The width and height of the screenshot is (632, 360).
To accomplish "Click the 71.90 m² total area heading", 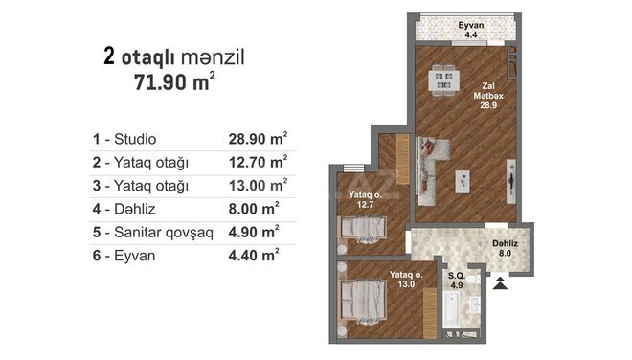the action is (174, 81).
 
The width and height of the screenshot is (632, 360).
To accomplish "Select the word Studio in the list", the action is (135, 139).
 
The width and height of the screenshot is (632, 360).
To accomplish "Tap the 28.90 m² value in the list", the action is (258, 138).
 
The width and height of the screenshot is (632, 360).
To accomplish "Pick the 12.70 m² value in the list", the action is (258, 162).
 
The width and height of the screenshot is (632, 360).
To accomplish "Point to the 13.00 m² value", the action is (258, 185).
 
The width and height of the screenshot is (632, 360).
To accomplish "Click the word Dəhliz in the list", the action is (135, 209).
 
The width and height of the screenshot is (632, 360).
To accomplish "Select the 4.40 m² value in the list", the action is (254, 256).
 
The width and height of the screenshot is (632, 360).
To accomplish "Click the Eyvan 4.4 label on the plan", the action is (471, 30).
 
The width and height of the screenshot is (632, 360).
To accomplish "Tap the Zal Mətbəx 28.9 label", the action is (488, 96).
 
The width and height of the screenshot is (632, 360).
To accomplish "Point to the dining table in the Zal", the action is (443, 79).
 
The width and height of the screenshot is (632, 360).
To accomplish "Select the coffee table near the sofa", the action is (463, 181).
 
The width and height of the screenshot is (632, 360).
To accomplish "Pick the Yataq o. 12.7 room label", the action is (365, 199).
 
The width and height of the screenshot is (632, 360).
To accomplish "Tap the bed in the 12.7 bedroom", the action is (363, 229).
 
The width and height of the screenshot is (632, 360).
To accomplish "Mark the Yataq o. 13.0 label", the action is (406, 280).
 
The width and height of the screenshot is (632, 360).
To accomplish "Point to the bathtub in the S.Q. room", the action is (451, 309).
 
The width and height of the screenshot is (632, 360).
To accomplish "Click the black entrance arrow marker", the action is (500, 283).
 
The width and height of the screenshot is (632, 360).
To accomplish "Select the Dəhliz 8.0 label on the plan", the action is (505, 248).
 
